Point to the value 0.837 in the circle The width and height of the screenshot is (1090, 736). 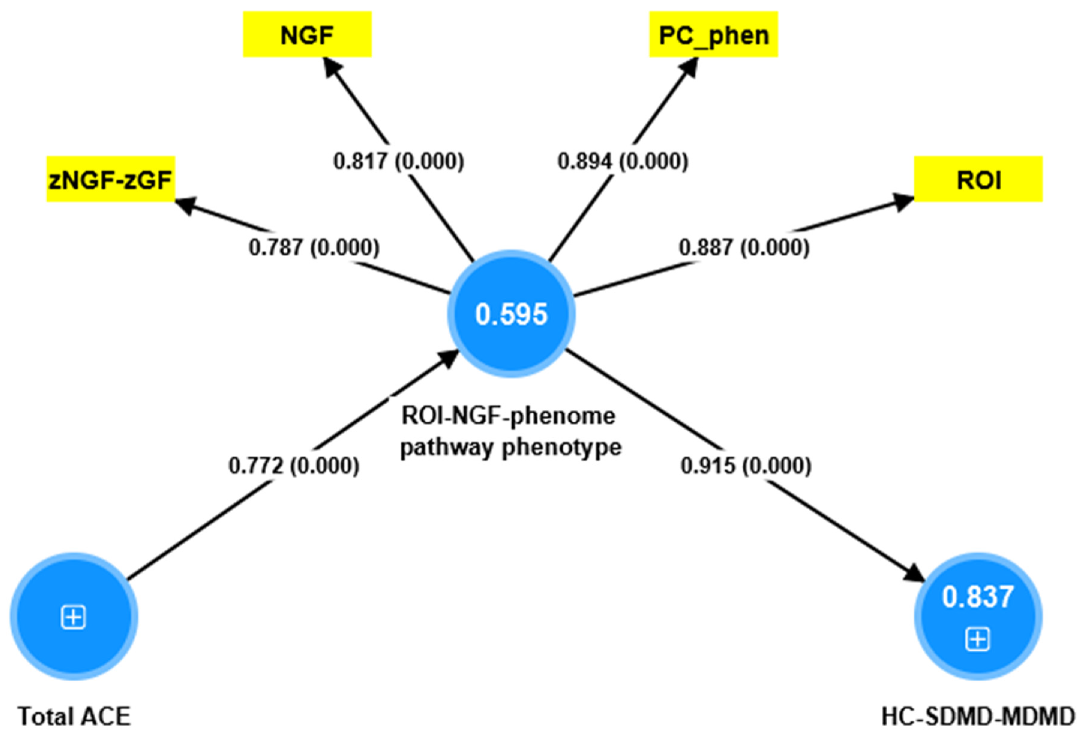(x=978, y=597)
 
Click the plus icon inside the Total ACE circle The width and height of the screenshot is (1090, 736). (x=74, y=617)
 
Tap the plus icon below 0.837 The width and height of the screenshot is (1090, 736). (x=978, y=639)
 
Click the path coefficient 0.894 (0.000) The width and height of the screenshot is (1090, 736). (x=622, y=161)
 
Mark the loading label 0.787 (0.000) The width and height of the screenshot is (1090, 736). (x=314, y=247)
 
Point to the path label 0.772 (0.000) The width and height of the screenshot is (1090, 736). (x=294, y=466)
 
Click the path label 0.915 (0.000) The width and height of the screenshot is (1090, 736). (x=746, y=466)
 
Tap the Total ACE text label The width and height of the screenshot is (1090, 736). (x=74, y=716)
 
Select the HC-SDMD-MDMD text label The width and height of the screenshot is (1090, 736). (x=978, y=716)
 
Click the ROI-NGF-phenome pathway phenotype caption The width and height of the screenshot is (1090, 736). (x=510, y=431)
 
